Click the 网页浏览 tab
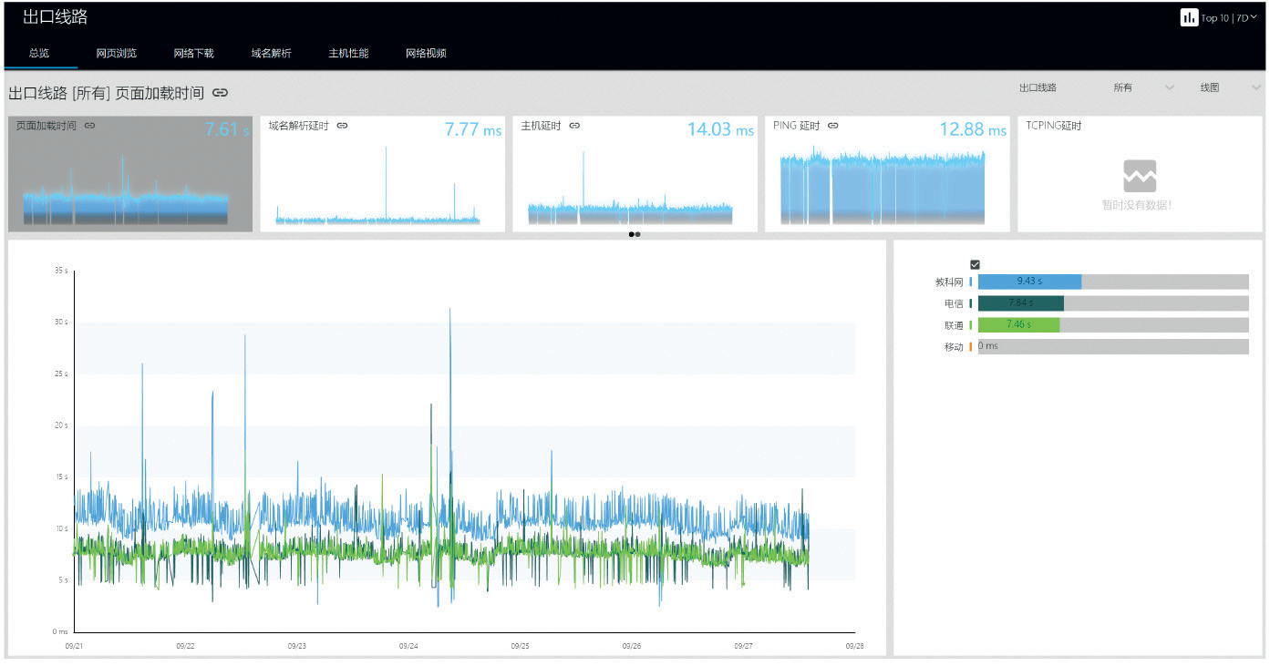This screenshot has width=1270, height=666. coord(116,53)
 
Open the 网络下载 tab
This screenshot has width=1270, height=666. coord(193,53)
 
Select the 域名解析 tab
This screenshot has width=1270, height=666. coord(271,53)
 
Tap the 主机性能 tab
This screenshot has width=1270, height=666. coord(348,53)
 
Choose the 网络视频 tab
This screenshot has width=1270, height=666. coord(426,53)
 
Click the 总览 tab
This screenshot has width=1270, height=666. coord(39,53)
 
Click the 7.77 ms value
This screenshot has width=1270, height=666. coord(472,129)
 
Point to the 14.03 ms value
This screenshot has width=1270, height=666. coord(720,129)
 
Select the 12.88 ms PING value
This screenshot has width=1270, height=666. coord(973,129)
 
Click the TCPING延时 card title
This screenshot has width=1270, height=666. coord(1053,126)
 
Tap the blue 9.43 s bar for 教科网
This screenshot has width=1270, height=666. coord(1029,282)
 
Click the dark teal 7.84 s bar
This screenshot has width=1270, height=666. coord(1020,302)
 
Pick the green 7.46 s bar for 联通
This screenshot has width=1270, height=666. coord(1018,324)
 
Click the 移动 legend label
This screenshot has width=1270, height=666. coord(954,347)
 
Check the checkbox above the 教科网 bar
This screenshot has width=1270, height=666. coord(975,264)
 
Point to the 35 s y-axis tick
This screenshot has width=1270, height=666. coord(60,271)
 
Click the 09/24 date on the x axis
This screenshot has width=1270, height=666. coord(408,645)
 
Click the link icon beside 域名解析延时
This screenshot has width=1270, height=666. coord(342,126)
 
